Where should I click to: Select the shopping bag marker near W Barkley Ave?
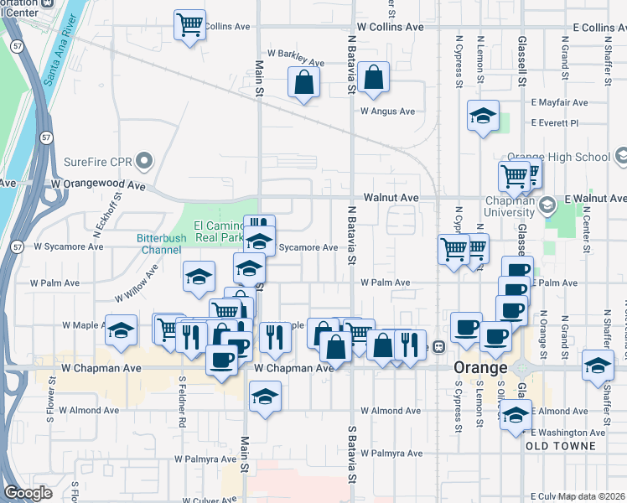tap(303, 82)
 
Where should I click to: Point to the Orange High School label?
tap(571, 157)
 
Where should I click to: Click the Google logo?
tap(28, 492)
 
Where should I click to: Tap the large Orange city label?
tap(480, 368)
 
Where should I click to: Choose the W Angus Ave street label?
tap(387, 111)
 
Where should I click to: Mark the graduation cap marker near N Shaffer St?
tap(598, 366)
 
